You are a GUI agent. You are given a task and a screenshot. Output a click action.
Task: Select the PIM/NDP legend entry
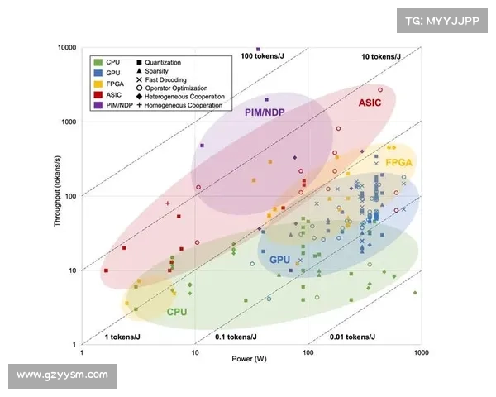coord(117,105)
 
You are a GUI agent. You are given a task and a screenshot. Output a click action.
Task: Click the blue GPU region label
coord(281,259)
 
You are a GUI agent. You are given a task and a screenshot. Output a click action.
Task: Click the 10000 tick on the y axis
coord(66,48)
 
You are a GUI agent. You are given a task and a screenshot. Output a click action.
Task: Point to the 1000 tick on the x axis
coord(421,353)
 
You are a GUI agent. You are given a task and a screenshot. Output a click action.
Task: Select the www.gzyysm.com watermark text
coord(62,375)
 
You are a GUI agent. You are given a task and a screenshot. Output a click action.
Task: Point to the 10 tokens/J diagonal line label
coord(381,56)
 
